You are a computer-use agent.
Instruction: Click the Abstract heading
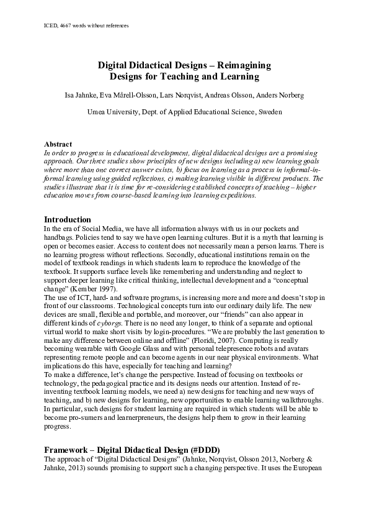58,144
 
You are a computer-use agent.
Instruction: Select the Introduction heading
68,219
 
